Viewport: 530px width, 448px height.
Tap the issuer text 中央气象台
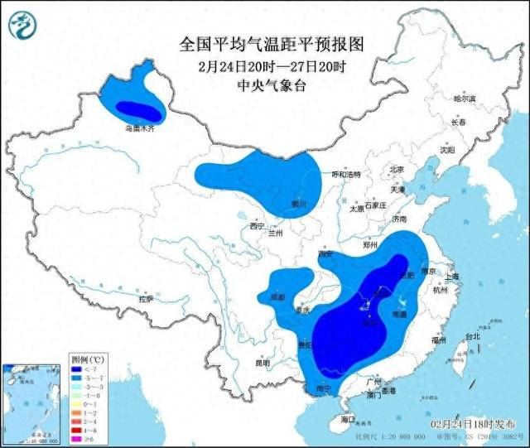(264, 85)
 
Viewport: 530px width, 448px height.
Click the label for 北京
(395, 169)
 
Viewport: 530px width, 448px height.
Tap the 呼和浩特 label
(345, 175)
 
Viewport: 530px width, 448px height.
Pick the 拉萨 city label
(145, 298)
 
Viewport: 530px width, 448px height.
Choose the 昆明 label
(262, 362)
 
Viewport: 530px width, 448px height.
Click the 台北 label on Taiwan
(471, 336)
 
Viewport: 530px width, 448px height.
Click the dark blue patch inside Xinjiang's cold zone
(137, 108)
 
